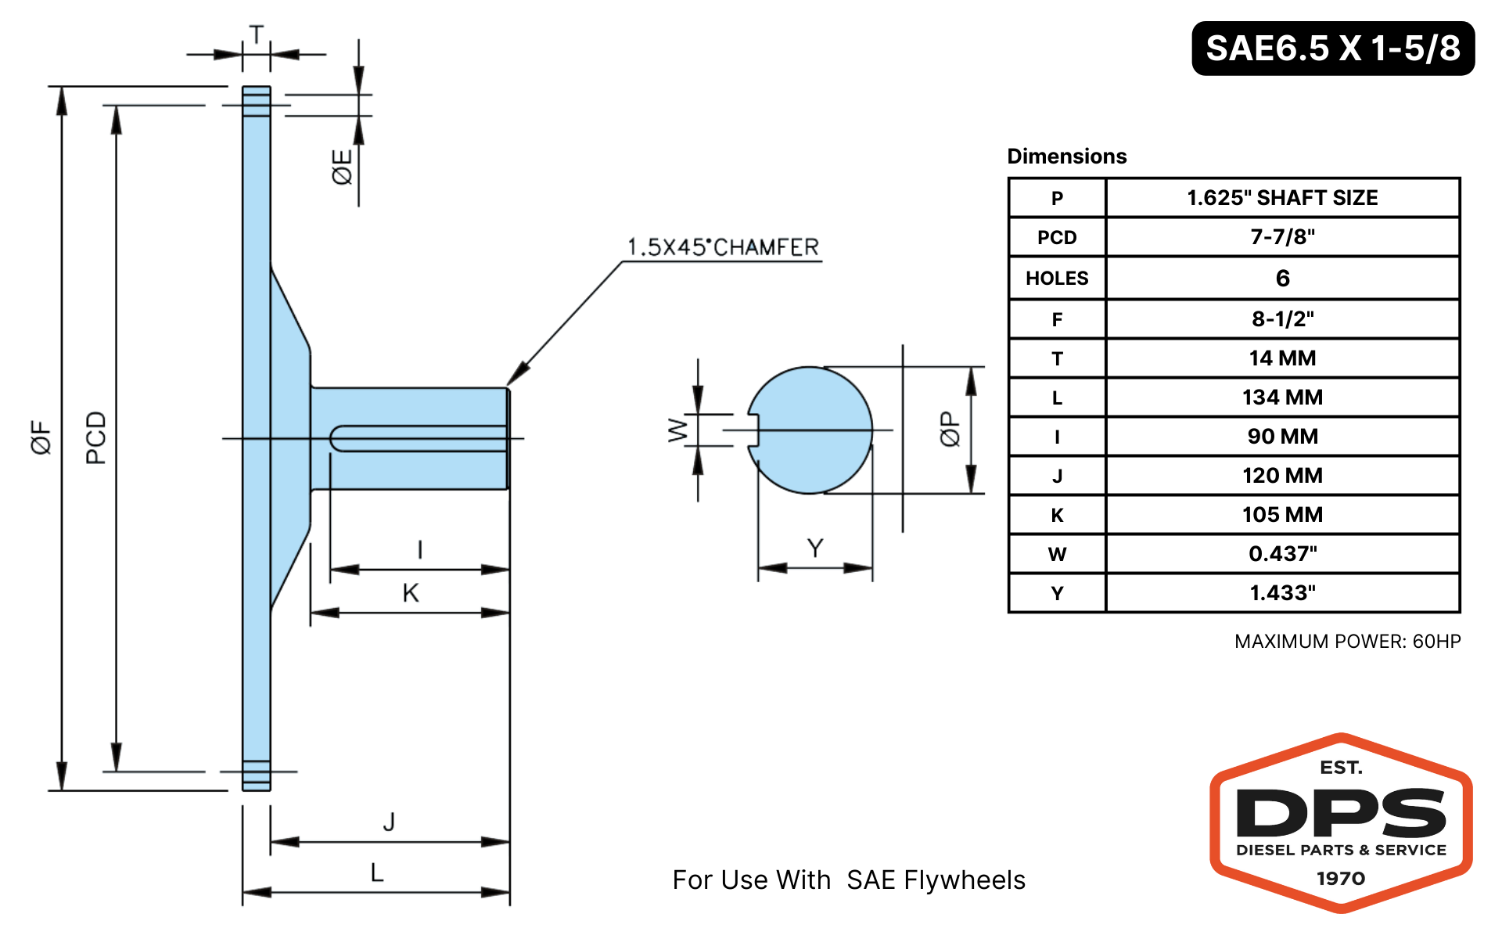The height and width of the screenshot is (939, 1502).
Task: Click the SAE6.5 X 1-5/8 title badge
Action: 1333,49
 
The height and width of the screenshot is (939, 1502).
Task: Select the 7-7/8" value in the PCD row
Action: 1282,236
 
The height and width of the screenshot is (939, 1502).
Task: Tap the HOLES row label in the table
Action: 1057,279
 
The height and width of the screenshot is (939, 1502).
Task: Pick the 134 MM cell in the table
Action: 1282,398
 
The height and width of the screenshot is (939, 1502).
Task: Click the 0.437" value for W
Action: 1282,554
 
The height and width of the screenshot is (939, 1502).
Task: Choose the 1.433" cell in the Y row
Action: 1282,593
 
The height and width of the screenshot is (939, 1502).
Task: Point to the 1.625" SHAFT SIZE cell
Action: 1282,198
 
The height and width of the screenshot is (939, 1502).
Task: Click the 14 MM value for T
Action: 1282,358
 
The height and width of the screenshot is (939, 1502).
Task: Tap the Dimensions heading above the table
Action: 1067,156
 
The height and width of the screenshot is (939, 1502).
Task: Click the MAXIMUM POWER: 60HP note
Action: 1347,642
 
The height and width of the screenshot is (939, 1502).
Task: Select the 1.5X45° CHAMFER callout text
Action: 723,247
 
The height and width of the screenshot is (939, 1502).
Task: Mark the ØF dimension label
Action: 41,437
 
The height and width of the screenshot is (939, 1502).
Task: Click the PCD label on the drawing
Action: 95,437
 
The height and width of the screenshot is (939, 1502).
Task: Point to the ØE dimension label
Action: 342,167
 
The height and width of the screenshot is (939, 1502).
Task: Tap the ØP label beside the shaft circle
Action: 949,429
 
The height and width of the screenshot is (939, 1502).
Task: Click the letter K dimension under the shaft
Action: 411,593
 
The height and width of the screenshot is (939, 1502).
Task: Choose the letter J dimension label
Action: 389,822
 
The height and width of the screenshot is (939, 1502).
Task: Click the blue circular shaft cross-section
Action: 810,430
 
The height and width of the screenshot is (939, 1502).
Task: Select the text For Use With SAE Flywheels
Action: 849,880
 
